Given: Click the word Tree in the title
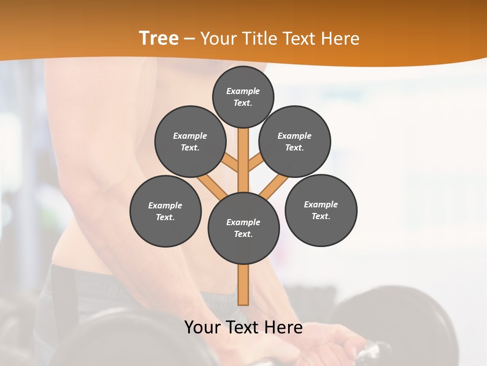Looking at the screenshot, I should (x=159, y=39).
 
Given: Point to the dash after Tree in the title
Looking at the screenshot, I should (x=189, y=39).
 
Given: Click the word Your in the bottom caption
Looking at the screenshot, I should (x=202, y=327).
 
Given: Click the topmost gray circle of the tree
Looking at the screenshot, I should (x=243, y=97).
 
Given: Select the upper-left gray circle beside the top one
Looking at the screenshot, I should (x=190, y=141).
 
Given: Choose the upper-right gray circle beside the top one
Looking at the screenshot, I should (x=295, y=141).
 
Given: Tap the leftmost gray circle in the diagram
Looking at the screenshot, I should (x=165, y=211).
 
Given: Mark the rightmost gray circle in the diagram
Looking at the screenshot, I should (x=321, y=210).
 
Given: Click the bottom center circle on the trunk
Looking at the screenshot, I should (x=243, y=228).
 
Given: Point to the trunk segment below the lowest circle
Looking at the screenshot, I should (x=243, y=285).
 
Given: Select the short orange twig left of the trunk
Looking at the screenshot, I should (x=231, y=164).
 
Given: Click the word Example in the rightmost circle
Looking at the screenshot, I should (x=321, y=204).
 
